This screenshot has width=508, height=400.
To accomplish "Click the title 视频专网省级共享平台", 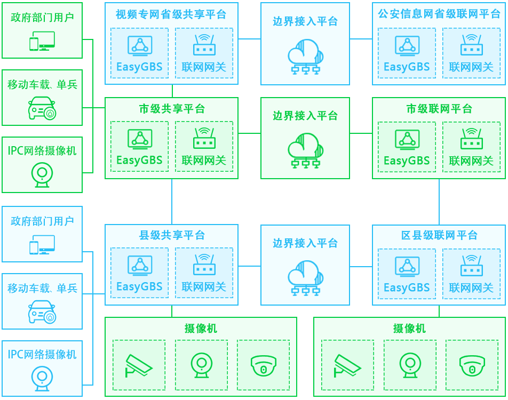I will click(171, 14).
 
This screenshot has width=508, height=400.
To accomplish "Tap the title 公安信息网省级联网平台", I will click(439, 14).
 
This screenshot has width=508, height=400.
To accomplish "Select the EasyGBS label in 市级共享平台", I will click(139, 160).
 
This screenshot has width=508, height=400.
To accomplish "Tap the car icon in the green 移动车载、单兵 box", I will click(42, 108).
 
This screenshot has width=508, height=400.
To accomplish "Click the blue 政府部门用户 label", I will click(42, 221).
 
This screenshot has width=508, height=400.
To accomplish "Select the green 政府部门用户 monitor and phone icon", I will click(42, 41).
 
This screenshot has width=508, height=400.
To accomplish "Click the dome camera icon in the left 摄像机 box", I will click(263, 365).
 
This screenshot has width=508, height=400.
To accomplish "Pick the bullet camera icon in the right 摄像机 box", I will click(347, 365).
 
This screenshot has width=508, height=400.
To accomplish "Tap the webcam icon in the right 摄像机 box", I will click(410, 365).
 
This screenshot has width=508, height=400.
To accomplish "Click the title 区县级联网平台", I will click(439, 235).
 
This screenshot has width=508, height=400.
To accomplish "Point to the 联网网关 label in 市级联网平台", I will click(471, 160).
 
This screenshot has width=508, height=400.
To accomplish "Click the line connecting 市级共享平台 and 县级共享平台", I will click(172, 202).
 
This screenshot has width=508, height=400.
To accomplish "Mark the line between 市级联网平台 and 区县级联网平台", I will click(439, 202).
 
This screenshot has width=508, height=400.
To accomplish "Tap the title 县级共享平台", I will click(171, 235).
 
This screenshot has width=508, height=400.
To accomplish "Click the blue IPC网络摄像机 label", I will click(42, 354).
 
